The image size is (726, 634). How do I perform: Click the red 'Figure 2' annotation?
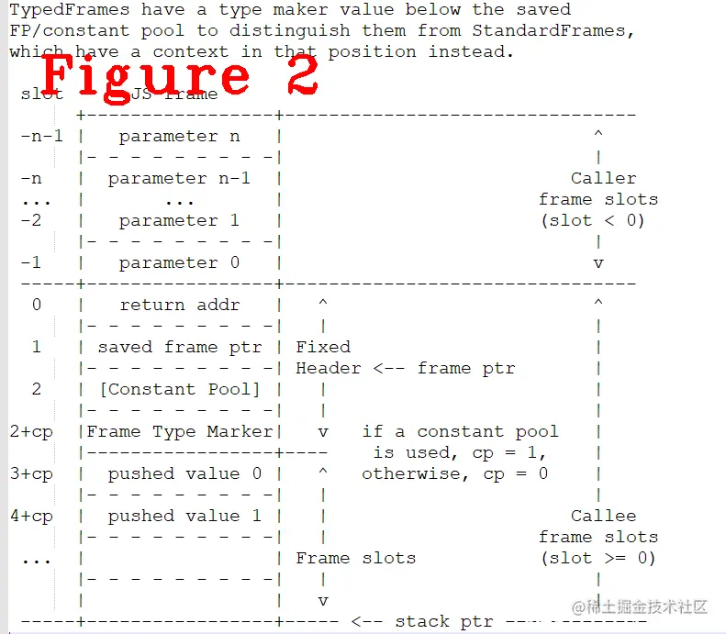(x=180, y=76)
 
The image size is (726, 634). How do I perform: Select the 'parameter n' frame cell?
(x=180, y=136)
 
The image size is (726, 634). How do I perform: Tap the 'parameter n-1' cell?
(x=180, y=178)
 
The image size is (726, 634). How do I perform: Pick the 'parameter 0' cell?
(x=180, y=262)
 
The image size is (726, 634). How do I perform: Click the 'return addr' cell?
(x=180, y=305)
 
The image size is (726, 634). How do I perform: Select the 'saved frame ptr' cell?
(x=180, y=347)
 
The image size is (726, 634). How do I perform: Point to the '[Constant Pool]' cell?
(x=180, y=389)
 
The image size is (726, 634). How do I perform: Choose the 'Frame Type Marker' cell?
(x=180, y=431)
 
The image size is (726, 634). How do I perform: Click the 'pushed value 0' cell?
(x=180, y=473)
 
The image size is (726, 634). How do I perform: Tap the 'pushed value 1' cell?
(x=180, y=516)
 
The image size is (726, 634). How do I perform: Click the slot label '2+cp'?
(x=31, y=431)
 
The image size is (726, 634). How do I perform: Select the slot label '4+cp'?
(x=31, y=516)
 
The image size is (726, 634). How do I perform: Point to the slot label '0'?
(x=37, y=305)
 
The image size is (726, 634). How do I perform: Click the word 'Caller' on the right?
(x=603, y=178)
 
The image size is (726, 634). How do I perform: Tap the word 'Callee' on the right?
(x=603, y=516)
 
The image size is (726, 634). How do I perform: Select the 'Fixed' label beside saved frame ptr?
(x=323, y=347)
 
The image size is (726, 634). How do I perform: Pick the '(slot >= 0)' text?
(x=598, y=558)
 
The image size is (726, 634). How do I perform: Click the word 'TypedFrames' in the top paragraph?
(x=70, y=10)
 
